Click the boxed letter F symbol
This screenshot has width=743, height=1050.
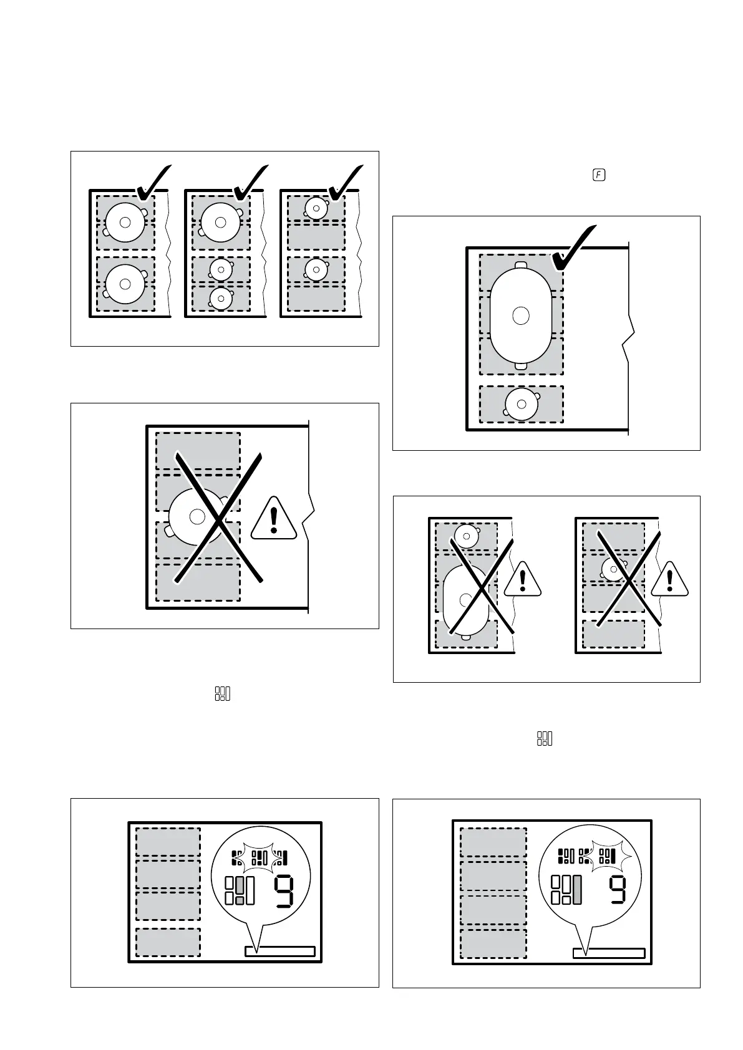pos(598,175)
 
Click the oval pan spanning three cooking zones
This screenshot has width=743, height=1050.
pos(521,316)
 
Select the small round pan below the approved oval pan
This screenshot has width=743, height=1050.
pos(522,404)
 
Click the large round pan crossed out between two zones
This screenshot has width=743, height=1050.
pos(197,516)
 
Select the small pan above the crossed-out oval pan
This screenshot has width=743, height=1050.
pos(465,534)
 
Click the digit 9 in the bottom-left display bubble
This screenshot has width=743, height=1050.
pos(284,892)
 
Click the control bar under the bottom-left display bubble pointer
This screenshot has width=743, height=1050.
pos(279,951)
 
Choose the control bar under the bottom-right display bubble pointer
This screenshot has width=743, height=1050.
pos(608,953)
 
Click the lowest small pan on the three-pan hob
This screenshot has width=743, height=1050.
pos(221,299)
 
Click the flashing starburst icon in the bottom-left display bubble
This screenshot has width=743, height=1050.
pos(261,859)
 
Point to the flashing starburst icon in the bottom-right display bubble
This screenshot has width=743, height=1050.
pos(606,857)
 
